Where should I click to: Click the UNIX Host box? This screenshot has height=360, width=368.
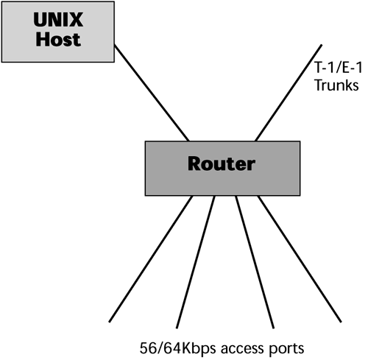pos(43,31)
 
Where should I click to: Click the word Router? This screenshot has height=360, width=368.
pos(222,163)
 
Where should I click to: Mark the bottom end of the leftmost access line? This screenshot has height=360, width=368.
pos(110,321)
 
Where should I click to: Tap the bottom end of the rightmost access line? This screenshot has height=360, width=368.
pos(342,321)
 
